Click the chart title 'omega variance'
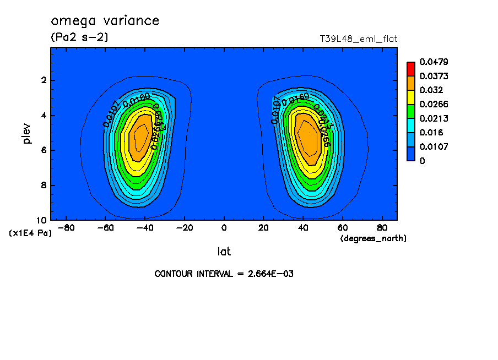(105, 21)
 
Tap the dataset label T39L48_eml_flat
(359, 39)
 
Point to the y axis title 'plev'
(28, 133)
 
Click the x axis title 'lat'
(224, 252)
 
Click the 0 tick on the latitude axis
(224, 227)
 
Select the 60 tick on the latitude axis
(342, 227)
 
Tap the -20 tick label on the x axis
(185, 227)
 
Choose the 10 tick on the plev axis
(42, 220)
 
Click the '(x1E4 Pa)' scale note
(30, 233)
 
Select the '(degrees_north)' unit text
(373, 238)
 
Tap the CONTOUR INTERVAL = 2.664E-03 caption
(224, 274)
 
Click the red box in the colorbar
(411, 68)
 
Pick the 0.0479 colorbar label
(432, 62)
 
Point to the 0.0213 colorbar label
(432, 118)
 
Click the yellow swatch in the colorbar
(411, 97)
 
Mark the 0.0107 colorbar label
(432, 147)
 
